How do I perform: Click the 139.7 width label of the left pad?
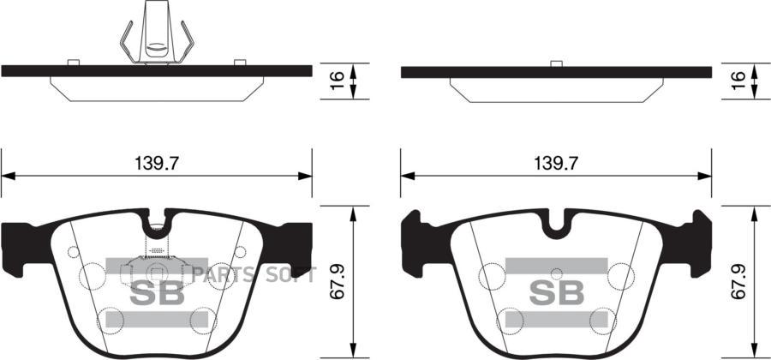point(157,163)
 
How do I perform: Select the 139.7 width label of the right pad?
point(557,163)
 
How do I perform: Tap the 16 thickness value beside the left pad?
point(337,81)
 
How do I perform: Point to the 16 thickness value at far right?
point(738,81)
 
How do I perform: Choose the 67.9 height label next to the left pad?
point(338,282)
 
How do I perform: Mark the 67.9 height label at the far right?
point(738,282)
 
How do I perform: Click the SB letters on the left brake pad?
point(157,293)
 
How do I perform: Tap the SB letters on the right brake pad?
point(557,293)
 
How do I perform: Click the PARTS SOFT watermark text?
point(254,275)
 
